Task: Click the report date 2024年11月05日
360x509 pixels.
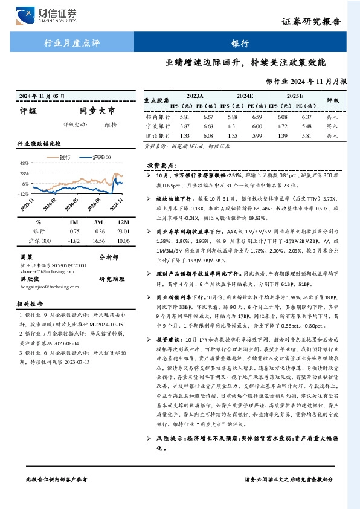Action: [42, 96]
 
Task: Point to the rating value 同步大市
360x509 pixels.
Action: [97, 111]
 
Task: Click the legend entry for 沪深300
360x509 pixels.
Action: [99, 157]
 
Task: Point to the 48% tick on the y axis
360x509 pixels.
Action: [24, 164]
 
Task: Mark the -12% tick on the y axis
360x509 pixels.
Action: [24, 194]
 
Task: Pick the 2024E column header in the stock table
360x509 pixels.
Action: [245, 96]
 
